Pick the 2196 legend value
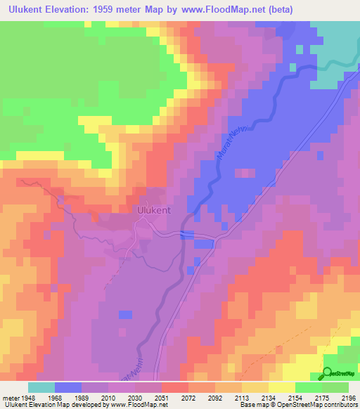point(346,397)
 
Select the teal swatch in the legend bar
point(41,387)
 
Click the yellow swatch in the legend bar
point(281,387)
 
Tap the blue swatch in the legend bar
point(68,387)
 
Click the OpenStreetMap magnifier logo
point(327,373)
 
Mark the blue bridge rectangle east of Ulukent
point(187,234)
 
